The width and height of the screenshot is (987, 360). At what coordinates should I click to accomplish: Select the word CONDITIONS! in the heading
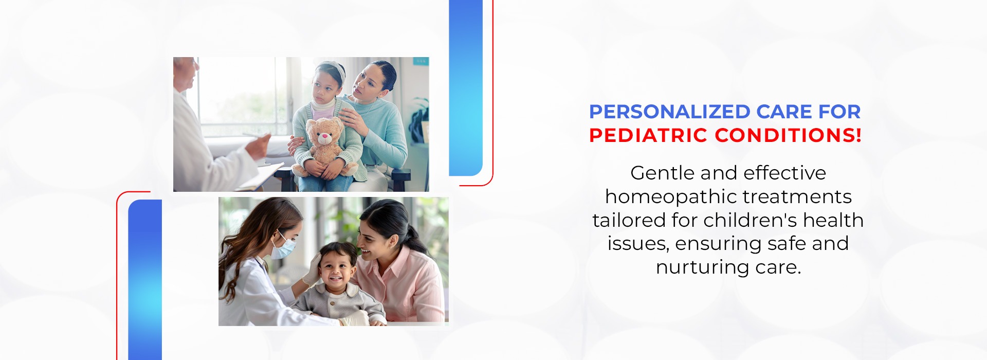tap(788, 135)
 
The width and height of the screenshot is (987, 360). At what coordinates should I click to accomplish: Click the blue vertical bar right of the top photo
tap(466, 88)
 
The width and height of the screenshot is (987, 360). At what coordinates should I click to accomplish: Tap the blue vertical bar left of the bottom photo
tap(145, 280)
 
